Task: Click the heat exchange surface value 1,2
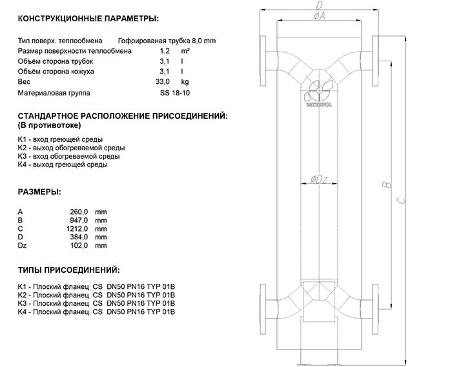pyautogui.click(x=165, y=50)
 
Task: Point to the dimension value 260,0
pyautogui.click(x=77, y=212)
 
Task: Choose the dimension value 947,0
pyautogui.click(x=77, y=221)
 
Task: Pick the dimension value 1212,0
pyautogui.click(x=76, y=229)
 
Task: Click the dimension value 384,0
pyautogui.click(x=77, y=237)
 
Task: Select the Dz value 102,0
pyautogui.click(x=77, y=246)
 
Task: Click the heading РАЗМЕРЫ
pyautogui.click(x=39, y=192)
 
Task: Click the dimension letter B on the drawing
pyautogui.click(x=386, y=185)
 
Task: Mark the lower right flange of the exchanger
pyautogui.click(x=374, y=299)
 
